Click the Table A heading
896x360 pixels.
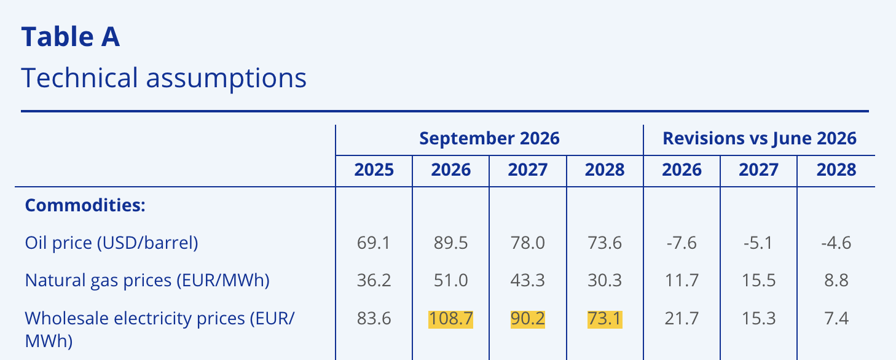tap(71, 37)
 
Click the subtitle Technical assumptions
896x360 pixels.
tap(163, 77)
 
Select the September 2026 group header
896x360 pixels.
tap(489, 138)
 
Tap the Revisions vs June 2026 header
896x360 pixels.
tap(759, 138)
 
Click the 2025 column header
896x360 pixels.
tap(374, 170)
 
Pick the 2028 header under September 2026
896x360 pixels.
tap(604, 170)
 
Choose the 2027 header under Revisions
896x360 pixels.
tap(758, 170)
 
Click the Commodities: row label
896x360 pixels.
tap(85, 205)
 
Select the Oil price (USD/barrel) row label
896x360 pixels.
tap(112, 243)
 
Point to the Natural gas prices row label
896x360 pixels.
tap(147, 280)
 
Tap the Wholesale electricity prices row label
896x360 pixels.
tap(160, 330)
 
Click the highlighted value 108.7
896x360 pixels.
tap(451, 319)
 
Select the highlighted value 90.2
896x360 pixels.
tap(528, 319)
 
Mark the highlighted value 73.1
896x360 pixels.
tap(604, 319)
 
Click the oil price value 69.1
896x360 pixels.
tap(374, 243)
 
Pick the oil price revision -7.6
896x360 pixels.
tap(682, 243)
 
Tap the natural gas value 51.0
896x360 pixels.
tap(451, 280)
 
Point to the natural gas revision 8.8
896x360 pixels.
tap(836, 280)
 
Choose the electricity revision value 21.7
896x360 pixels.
tap(682, 319)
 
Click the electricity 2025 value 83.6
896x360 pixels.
tap(374, 319)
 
